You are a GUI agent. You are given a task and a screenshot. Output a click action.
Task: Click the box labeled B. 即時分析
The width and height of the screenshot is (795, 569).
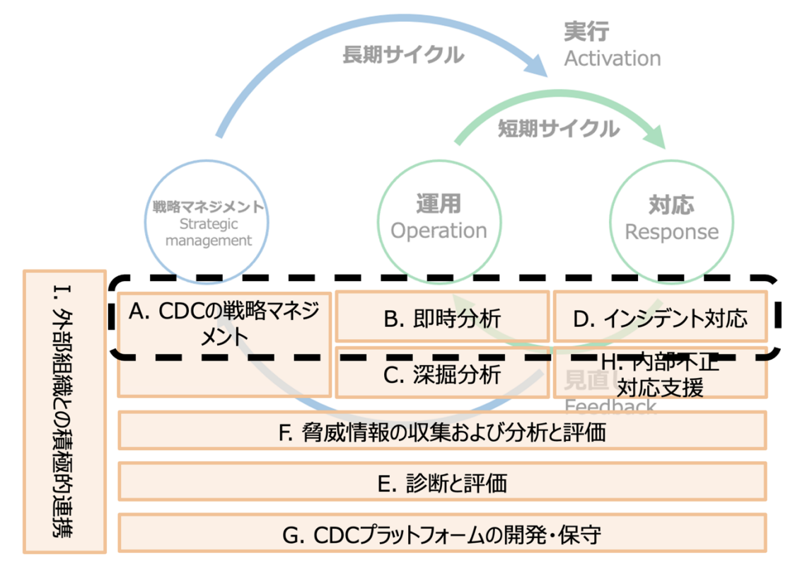point(442,316)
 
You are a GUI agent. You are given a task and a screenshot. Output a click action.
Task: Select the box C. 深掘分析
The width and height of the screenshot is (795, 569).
point(442,374)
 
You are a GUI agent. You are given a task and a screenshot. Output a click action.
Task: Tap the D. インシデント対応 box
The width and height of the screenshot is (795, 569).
point(660,316)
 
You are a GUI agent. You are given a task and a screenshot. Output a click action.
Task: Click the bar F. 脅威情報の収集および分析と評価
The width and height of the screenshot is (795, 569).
point(442,431)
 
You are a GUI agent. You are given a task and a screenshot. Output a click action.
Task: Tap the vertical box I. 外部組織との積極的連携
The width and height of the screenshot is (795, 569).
point(64,410)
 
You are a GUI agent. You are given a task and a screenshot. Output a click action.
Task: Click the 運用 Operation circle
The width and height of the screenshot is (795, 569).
point(439,217)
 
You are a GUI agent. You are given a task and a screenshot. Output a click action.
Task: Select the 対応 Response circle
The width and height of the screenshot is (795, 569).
point(671,217)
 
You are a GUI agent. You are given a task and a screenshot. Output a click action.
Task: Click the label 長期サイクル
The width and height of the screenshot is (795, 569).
point(403,54)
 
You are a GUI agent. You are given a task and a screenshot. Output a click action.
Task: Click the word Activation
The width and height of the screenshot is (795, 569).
point(612,58)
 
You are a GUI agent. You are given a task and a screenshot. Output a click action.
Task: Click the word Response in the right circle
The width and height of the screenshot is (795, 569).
point(671,231)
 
